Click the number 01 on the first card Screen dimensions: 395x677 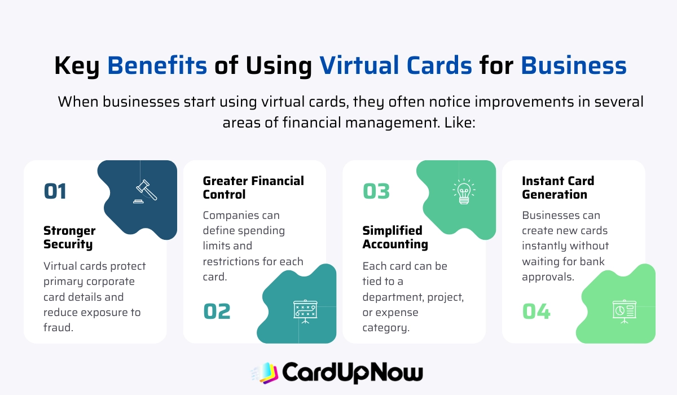click(x=55, y=191)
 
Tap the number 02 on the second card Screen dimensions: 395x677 click(x=217, y=311)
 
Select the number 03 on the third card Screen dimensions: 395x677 click(x=376, y=191)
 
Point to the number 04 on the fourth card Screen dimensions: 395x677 click(x=537, y=311)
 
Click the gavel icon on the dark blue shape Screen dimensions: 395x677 click(x=146, y=191)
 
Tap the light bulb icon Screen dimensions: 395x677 click(x=463, y=191)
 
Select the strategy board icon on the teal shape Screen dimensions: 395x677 click(x=305, y=311)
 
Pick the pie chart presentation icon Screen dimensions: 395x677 click(x=624, y=311)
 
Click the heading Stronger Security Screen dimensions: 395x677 click(x=69, y=238)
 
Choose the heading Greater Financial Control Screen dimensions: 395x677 click(x=253, y=188)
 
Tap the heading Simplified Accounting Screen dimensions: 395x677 click(x=395, y=238)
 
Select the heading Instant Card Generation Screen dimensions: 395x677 click(x=558, y=188)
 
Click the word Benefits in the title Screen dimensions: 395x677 click(x=157, y=66)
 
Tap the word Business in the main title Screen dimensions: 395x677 click(x=573, y=66)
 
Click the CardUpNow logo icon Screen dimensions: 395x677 click(x=265, y=372)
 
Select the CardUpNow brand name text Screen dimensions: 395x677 click(x=352, y=372)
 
